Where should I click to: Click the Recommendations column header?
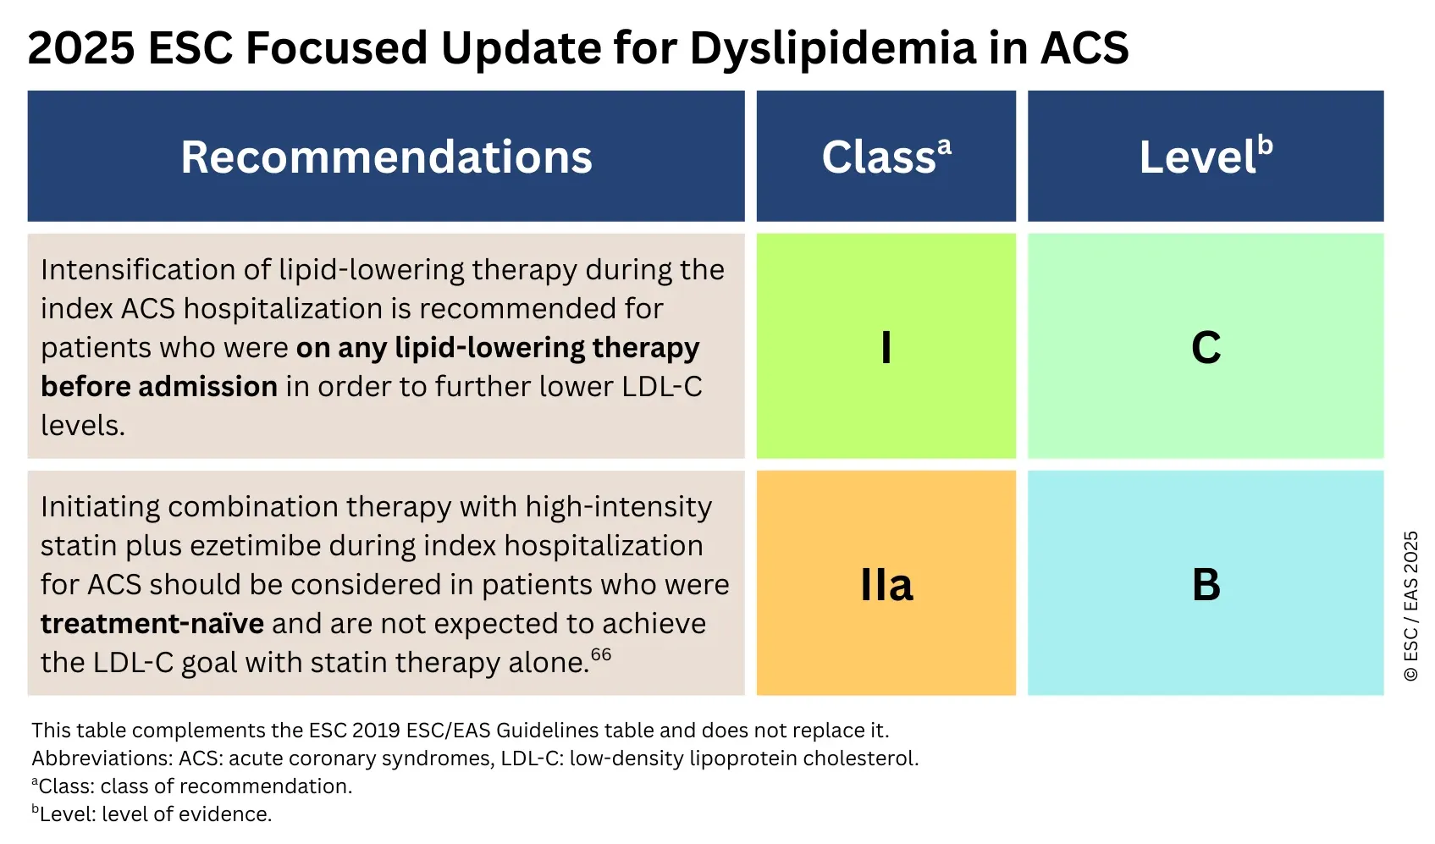(x=386, y=157)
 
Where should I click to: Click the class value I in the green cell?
(x=886, y=347)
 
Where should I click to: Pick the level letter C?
(x=1206, y=347)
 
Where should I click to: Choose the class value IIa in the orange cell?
(x=886, y=585)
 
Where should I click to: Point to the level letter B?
(x=1206, y=585)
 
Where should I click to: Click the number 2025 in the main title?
(x=80, y=48)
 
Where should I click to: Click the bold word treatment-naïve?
(x=152, y=624)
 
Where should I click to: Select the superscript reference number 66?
(x=601, y=654)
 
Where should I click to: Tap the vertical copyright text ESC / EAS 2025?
(x=1410, y=605)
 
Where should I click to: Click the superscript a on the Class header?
(x=944, y=146)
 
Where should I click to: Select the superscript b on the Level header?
(x=1265, y=145)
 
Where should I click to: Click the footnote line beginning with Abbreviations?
(x=474, y=758)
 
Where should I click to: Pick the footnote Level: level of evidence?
(x=152, y=814)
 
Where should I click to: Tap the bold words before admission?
(x=159, y=387)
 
